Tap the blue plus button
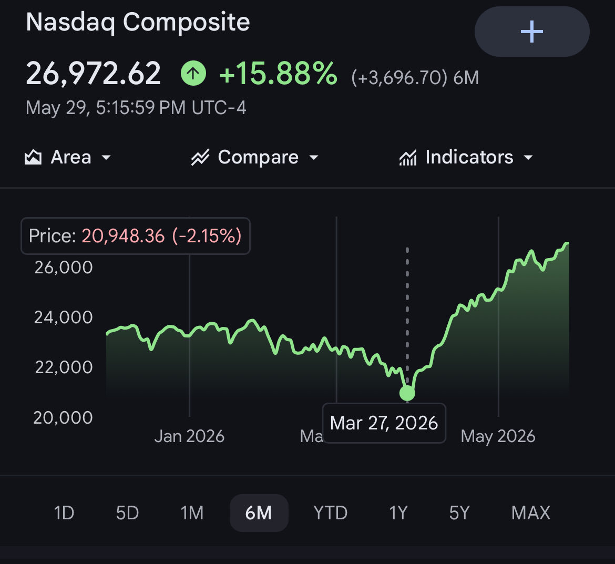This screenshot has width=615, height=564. [532, 32]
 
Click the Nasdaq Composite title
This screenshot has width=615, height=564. [138, 23]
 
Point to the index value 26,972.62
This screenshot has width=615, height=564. [94, 74]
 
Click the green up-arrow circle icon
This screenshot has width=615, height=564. [193, 73]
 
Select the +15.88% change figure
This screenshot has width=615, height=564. [278, 74]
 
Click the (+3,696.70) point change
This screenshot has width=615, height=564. [399, 78]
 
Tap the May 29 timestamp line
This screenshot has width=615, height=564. [136, 107]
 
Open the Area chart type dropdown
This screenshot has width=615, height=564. [68, 157]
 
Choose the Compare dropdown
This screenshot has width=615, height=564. [254, 157]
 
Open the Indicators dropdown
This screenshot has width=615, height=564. [466, 157]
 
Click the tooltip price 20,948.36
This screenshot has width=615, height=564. [123, 236]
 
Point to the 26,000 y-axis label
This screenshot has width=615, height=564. [64, 268]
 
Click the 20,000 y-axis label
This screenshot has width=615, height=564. [63, 418]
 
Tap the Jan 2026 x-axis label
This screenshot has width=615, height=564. [189, 436]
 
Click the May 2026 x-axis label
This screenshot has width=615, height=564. [498, 436]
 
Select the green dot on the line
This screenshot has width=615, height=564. [407, 393]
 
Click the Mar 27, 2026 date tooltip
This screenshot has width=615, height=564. [384, 423]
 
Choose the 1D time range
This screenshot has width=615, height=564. [64, 512]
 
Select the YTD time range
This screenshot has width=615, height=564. [331, 512]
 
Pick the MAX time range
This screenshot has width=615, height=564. [531, 512]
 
